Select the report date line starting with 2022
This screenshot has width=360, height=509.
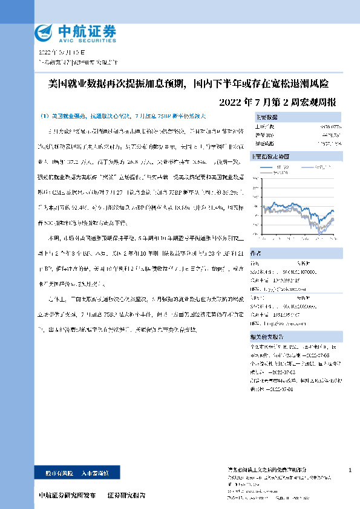pyautogui.click(x=61, y=53)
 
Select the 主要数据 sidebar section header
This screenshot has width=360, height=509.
pyautogui.click(x=267, y=117)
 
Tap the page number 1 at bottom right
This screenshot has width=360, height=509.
pyautogui.click(x=351, y=470)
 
